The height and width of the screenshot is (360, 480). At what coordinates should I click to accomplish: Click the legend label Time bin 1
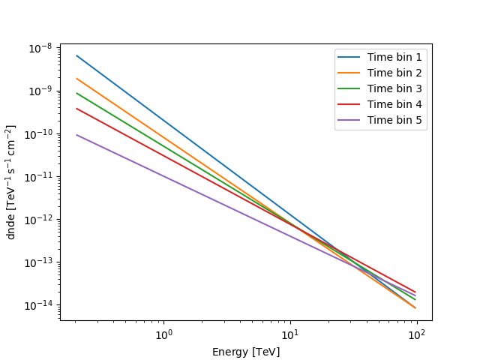coord(394,57)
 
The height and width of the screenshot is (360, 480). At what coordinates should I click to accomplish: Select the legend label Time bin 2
coord(394,73)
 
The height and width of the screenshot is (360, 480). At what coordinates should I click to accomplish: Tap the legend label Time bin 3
coord(394,88)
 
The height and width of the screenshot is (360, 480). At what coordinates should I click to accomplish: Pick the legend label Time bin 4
coord(394,104)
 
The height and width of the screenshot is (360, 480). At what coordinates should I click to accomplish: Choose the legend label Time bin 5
coord(394,120)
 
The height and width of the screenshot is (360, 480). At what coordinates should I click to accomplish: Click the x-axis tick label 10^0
coord(163,333)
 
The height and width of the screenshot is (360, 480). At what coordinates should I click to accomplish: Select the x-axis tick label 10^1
coord(290,333)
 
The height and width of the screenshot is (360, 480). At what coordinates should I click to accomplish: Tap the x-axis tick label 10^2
coord(417,333)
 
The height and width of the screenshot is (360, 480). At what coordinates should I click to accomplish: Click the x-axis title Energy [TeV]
coord(246,352)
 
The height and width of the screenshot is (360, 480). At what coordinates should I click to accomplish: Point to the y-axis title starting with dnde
coord(11,182)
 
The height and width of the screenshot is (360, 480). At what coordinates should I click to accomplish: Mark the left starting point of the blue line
coord(76,55)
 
